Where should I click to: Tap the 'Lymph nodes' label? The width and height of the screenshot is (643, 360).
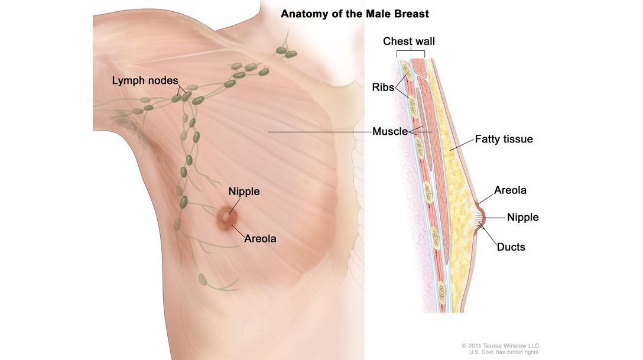(x=145, y=80)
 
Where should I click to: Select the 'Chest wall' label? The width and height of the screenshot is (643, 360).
(x=409, y=41)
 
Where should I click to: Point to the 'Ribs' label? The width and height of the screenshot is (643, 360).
(x=382, y=86)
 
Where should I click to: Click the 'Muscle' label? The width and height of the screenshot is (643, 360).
(x=390, y=131)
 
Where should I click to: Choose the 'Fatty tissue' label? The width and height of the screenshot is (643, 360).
(x=504, y=140)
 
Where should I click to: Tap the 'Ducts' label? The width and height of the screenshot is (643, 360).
(x=511, y=247)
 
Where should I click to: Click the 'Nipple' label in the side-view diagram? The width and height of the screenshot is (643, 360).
(x=522, y=217)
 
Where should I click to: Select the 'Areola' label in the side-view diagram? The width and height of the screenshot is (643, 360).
(x=510, y=190)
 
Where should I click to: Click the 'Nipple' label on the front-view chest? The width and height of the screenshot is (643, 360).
(x=244, y=192)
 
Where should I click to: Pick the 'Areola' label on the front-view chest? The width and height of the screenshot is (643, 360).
(x=260, y=239)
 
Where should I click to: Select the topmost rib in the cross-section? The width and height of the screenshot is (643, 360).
(x=407, y=70)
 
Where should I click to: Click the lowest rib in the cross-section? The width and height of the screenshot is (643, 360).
(x=440, y=291)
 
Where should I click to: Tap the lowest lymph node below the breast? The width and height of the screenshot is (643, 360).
(x=202, y=278)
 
